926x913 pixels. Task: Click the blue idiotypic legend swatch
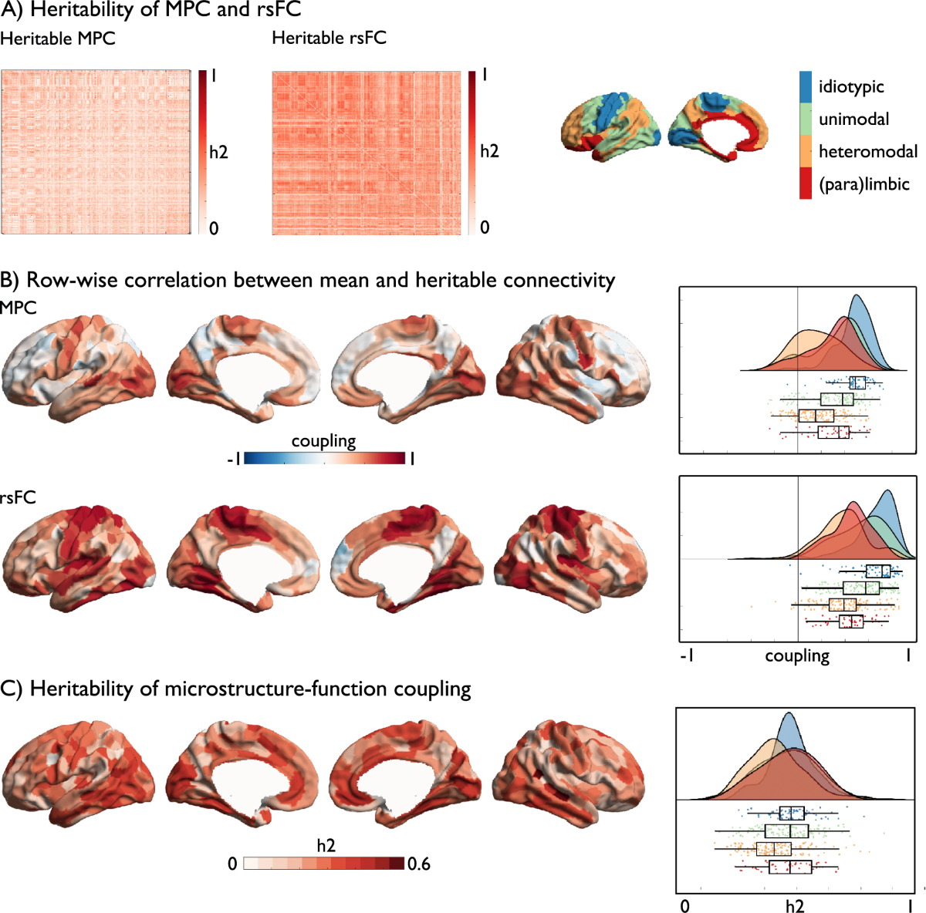tap(806, 87)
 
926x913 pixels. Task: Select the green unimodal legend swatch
tap(806, 120)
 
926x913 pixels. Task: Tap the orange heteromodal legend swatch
tap(806, 151)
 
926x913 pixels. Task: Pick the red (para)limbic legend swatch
tap(806, 184)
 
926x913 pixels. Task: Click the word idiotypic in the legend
tap(851, 87)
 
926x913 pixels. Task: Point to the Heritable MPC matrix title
tap(58, 38)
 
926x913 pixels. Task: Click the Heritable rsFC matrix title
tap(330, 38)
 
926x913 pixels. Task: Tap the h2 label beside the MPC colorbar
tap(219, 152)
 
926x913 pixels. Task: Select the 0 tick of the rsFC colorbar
tap(485, 227)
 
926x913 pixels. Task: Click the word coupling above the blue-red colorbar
tap(323, 441)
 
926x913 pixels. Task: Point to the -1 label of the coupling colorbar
tap(233, 459)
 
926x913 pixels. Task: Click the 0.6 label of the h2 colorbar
tap(419, 864)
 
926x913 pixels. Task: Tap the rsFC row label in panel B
tap(19, 497)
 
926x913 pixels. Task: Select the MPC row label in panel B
tap(19, 308)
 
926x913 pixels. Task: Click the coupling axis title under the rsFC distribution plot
tap(797, 655)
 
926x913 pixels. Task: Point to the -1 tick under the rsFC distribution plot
tap(686, 656)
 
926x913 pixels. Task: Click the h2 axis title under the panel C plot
tap(795, 905)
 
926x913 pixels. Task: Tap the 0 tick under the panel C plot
tap(685, 906)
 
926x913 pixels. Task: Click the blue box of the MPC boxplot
tap(857, 383)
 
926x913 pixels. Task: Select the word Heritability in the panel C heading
tap(81, 689)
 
